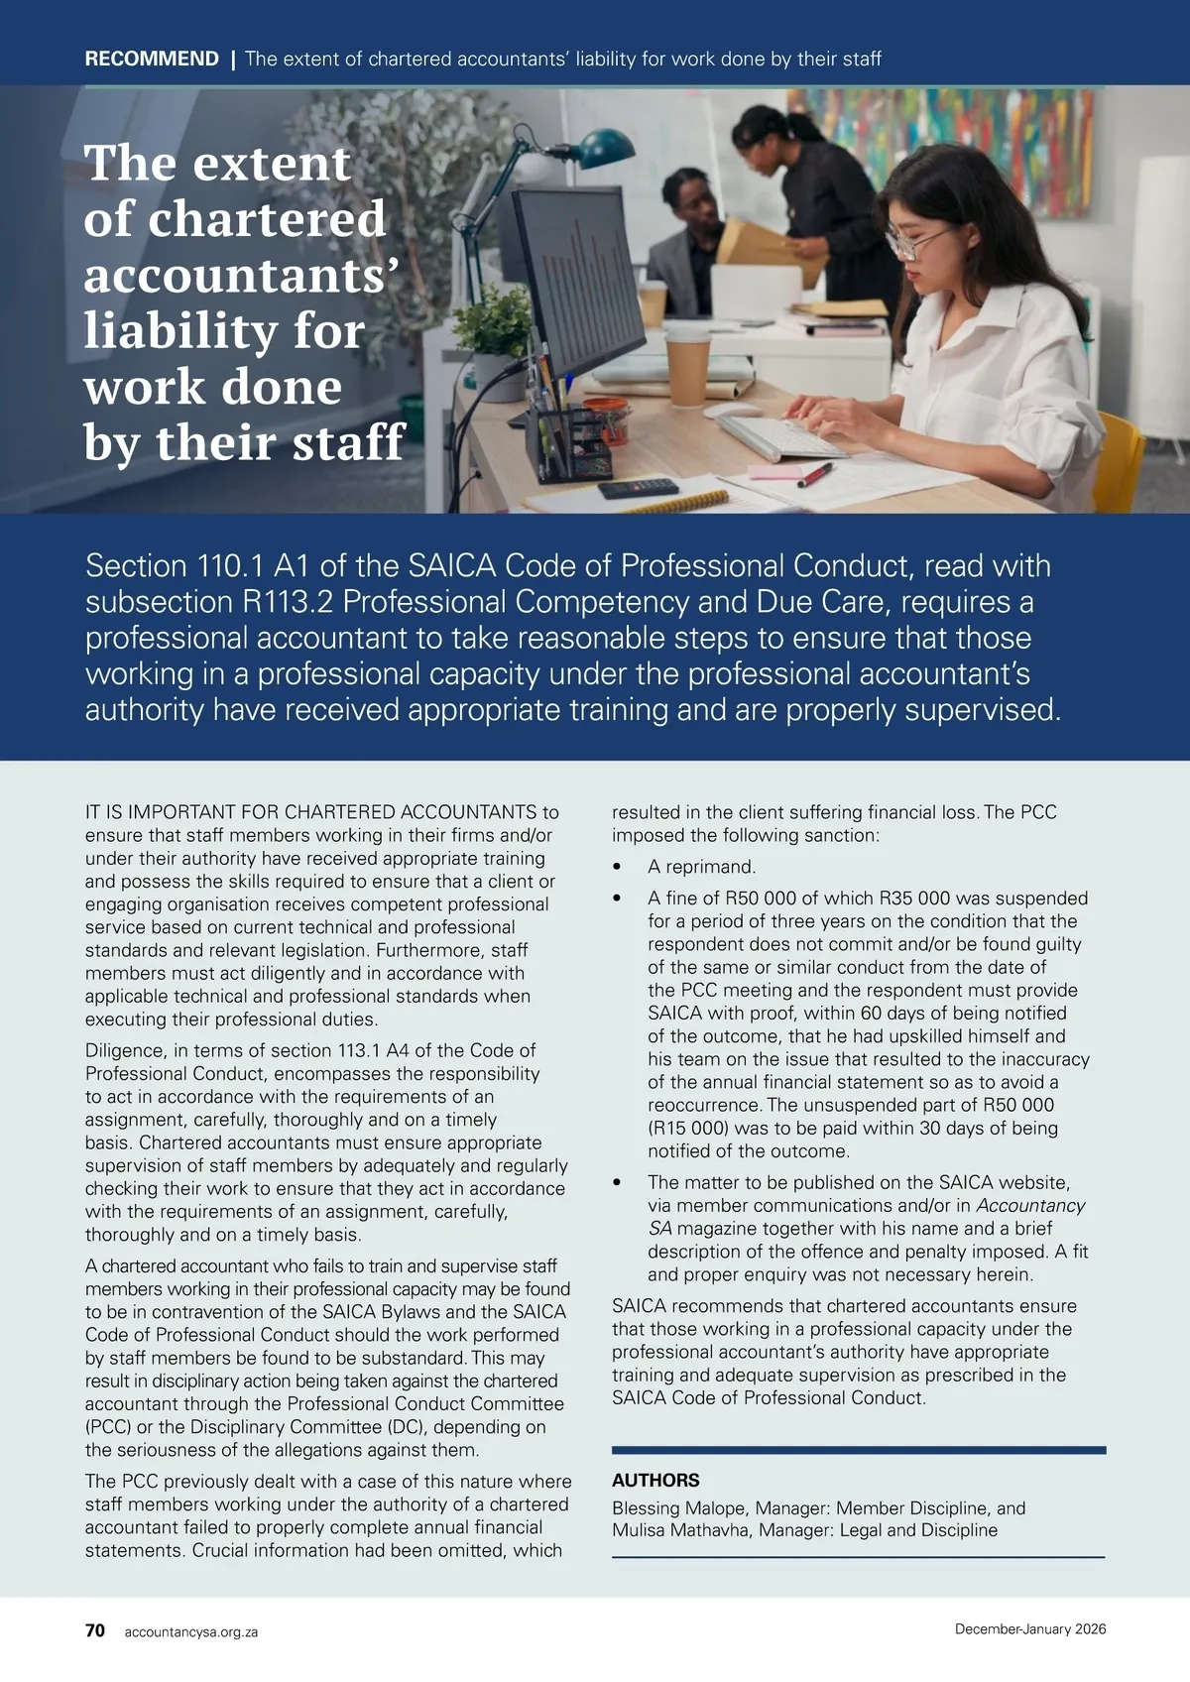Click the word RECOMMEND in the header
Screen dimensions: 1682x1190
(152, 59)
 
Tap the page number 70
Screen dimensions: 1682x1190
(95, 1630)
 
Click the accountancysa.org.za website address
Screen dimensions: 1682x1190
(191, 1631)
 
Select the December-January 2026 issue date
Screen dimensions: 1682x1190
(1030, 1629)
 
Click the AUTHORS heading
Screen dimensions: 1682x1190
(655, 1481)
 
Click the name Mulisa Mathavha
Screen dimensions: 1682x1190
(680, 1530)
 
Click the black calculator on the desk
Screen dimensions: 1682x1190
(638, 488)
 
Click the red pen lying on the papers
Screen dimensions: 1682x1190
(814, 475)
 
